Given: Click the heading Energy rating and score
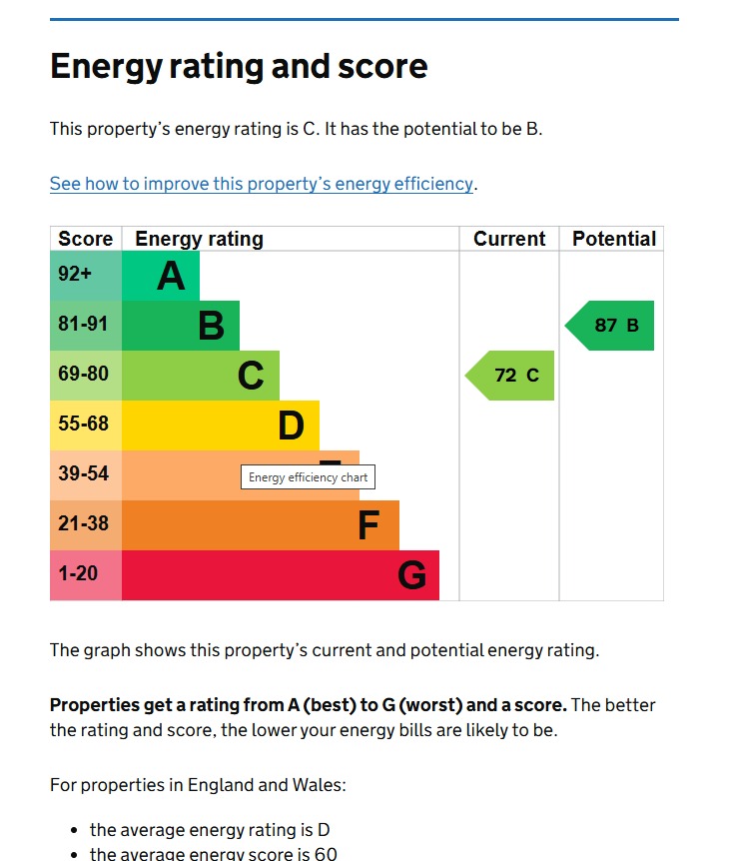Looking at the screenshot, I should click(x=239, y=67).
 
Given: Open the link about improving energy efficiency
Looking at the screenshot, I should click(x=262, y=184).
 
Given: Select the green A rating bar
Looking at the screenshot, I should click(x=162, y=276).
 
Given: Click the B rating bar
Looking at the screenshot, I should click(x=182, y=326).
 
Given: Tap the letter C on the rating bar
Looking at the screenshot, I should click(x=251, y=376).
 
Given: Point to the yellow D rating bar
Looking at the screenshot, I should click(x=221, y=426).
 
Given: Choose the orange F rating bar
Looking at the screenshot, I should click(x=261, y=525).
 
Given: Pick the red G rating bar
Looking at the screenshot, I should click(x=281, y=575).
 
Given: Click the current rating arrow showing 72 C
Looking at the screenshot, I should click(x=510, y=376).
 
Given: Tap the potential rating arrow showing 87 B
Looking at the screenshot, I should click(x=610, y=326).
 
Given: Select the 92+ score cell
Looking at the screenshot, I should click(x=86, y=276).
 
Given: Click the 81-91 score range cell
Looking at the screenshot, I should click(x=86, y=326).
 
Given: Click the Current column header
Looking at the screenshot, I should click(x=509, y=239).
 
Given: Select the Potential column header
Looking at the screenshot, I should click(x=613, y=239).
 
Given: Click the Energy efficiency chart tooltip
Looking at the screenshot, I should click(x=308, y=477).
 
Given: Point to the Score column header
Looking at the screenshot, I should click(x=86, y=239).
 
